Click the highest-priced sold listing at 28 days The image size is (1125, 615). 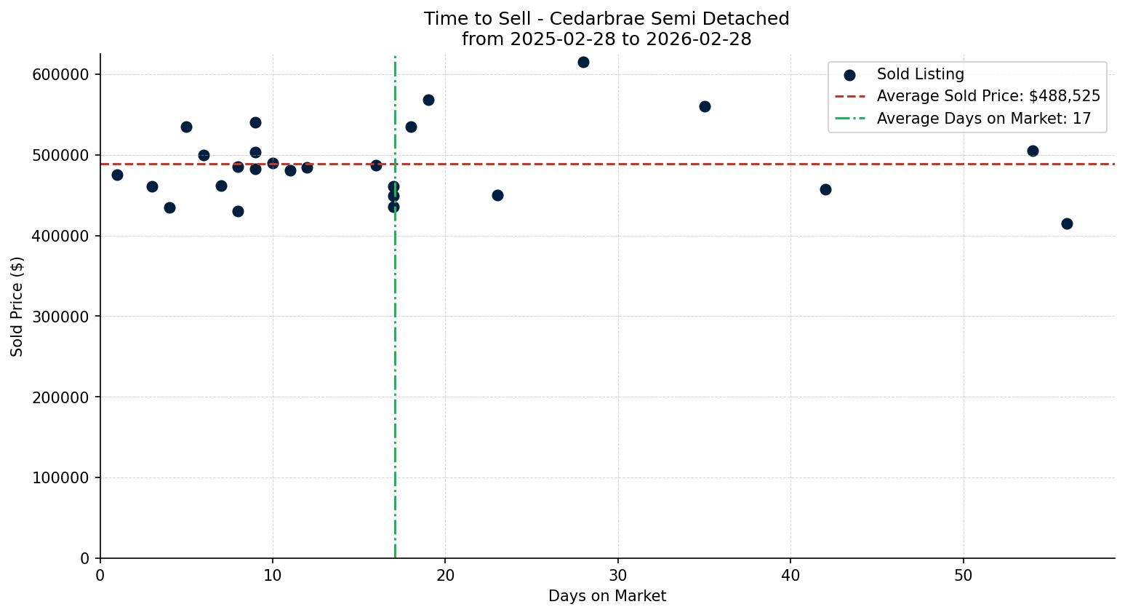pos(583,62)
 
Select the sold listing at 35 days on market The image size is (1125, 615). pos(705,106)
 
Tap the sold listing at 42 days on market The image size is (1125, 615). pos(825,189)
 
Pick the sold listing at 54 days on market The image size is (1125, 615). pos(1033,151)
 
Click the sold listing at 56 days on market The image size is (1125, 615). pos(1067,223)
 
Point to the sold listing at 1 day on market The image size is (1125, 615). pos(117,175)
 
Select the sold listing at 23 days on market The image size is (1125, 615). pos(497,195)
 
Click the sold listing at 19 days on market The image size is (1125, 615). pos(428,100)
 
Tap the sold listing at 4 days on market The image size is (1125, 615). pos(169,207)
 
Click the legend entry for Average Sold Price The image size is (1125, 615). pos(988,96)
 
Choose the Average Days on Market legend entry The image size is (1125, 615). pos(983,119)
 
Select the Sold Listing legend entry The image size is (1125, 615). pos(920,74)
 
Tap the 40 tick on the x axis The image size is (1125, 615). pos(790,575)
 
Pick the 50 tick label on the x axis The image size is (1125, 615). pos(964,575)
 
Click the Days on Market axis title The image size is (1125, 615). pos(607,596)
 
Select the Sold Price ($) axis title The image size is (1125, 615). pos(17,306)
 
